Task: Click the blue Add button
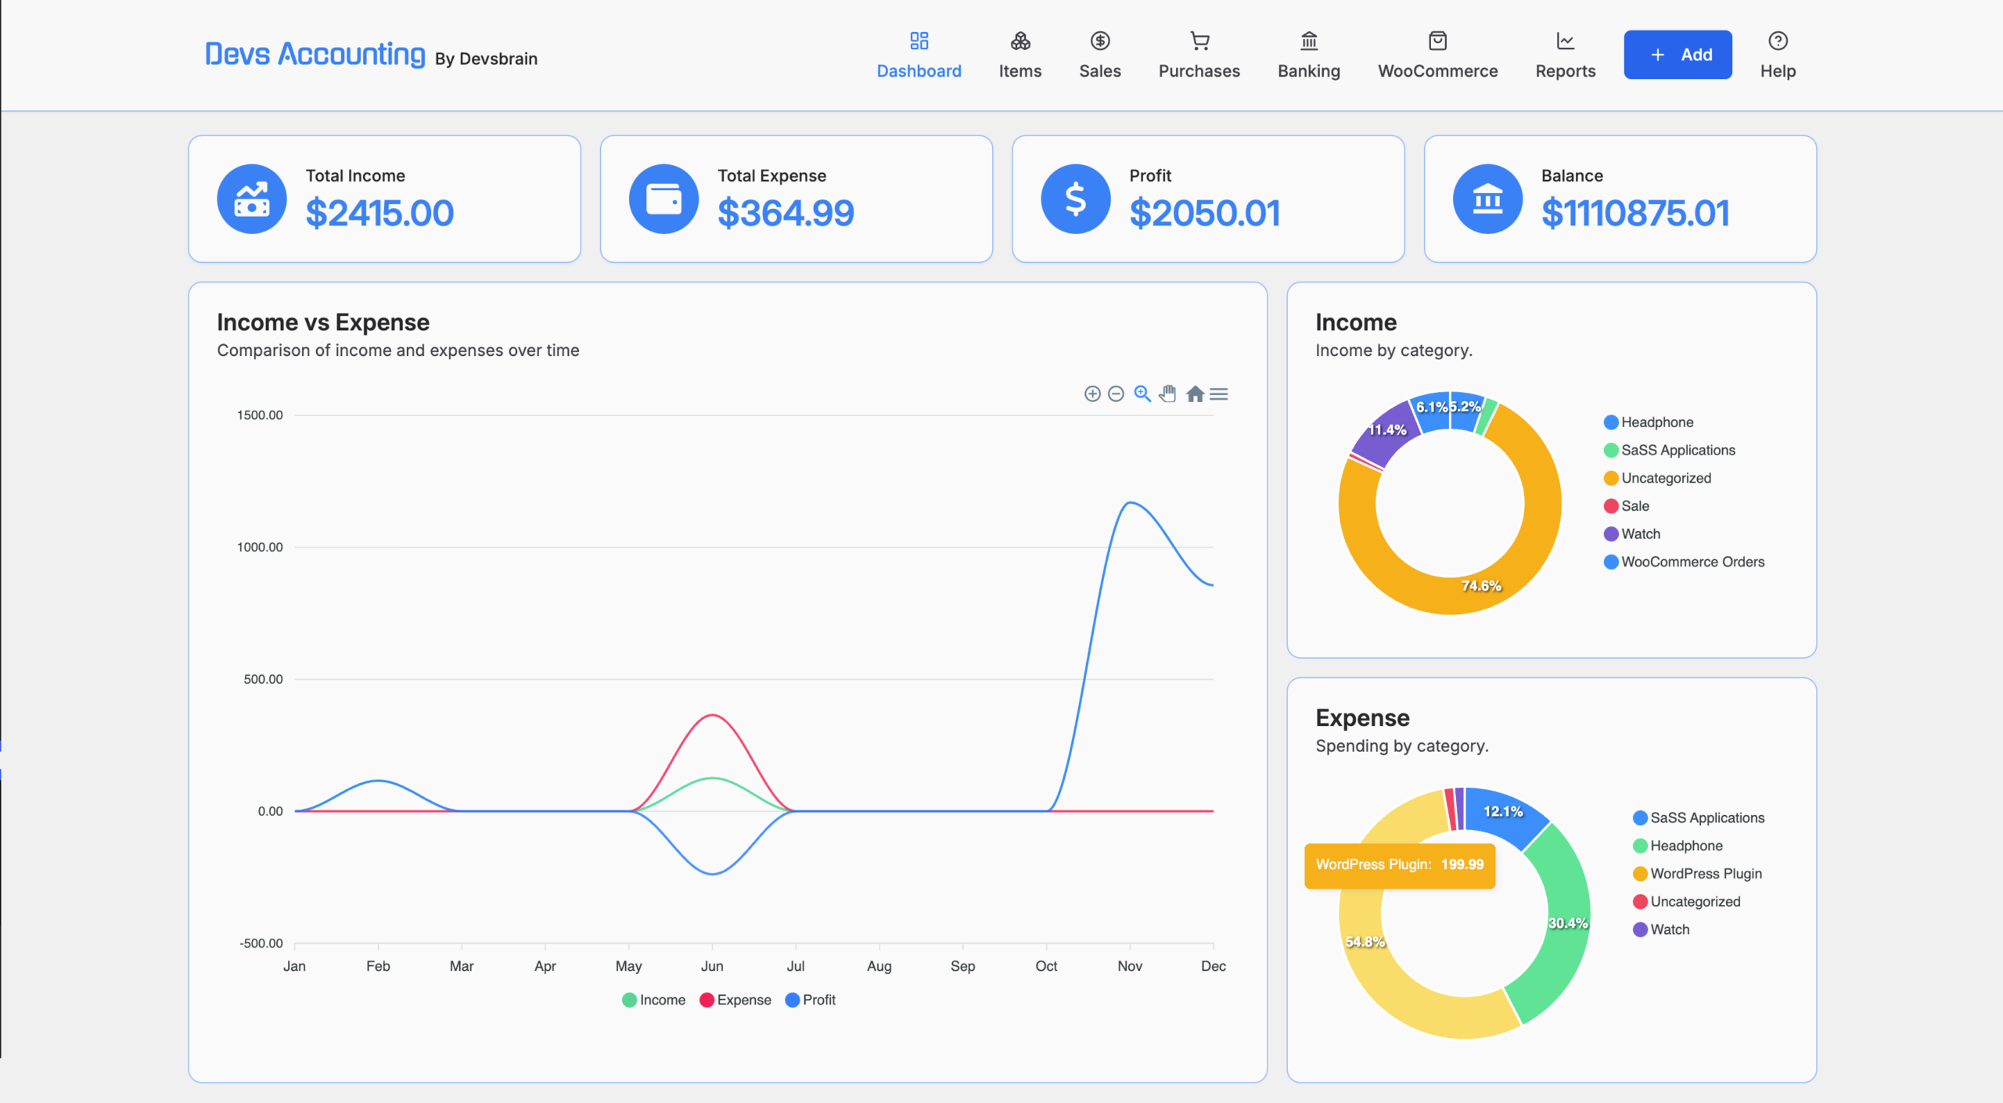(1678, 55)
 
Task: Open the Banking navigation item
(1309, 55)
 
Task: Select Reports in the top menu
(1565, 55)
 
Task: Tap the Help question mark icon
(1778, 41)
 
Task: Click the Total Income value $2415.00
(379, 213)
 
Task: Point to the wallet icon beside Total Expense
(663, 199)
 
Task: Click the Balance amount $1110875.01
(1635, 213)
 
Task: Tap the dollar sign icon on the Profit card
(1076, 199)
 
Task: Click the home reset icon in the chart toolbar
(1195, 393)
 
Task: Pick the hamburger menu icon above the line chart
(1219, 393)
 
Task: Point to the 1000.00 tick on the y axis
(260, 547)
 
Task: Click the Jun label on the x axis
(712, 966)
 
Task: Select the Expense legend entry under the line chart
(735, 1000)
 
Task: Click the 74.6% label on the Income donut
(1481, 585)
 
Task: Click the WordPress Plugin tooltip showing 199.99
(1400, 865)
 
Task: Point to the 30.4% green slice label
(1568, 923)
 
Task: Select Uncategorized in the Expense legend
(1687, 901)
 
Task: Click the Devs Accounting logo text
(315, 54)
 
